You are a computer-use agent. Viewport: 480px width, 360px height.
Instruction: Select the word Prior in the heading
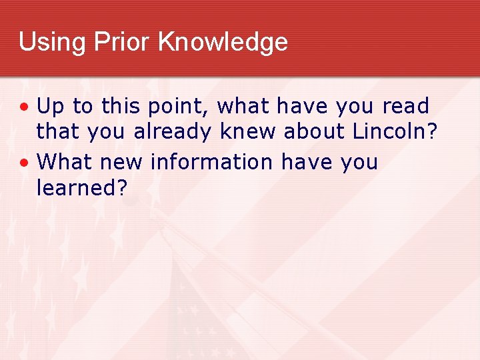(114, 42)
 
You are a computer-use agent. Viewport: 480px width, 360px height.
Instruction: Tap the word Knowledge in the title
(223, 42)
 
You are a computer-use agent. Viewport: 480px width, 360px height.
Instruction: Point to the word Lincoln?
(395, 132)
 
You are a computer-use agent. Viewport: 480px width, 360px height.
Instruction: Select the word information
(211, 162)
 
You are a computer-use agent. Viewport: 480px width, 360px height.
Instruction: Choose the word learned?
(81, 188)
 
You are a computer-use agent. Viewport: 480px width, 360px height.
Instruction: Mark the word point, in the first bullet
(175, 107)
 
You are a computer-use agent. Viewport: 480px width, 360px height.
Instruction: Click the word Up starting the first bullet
(49, 107)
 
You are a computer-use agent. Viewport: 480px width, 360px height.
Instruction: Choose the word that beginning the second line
(57, 132)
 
